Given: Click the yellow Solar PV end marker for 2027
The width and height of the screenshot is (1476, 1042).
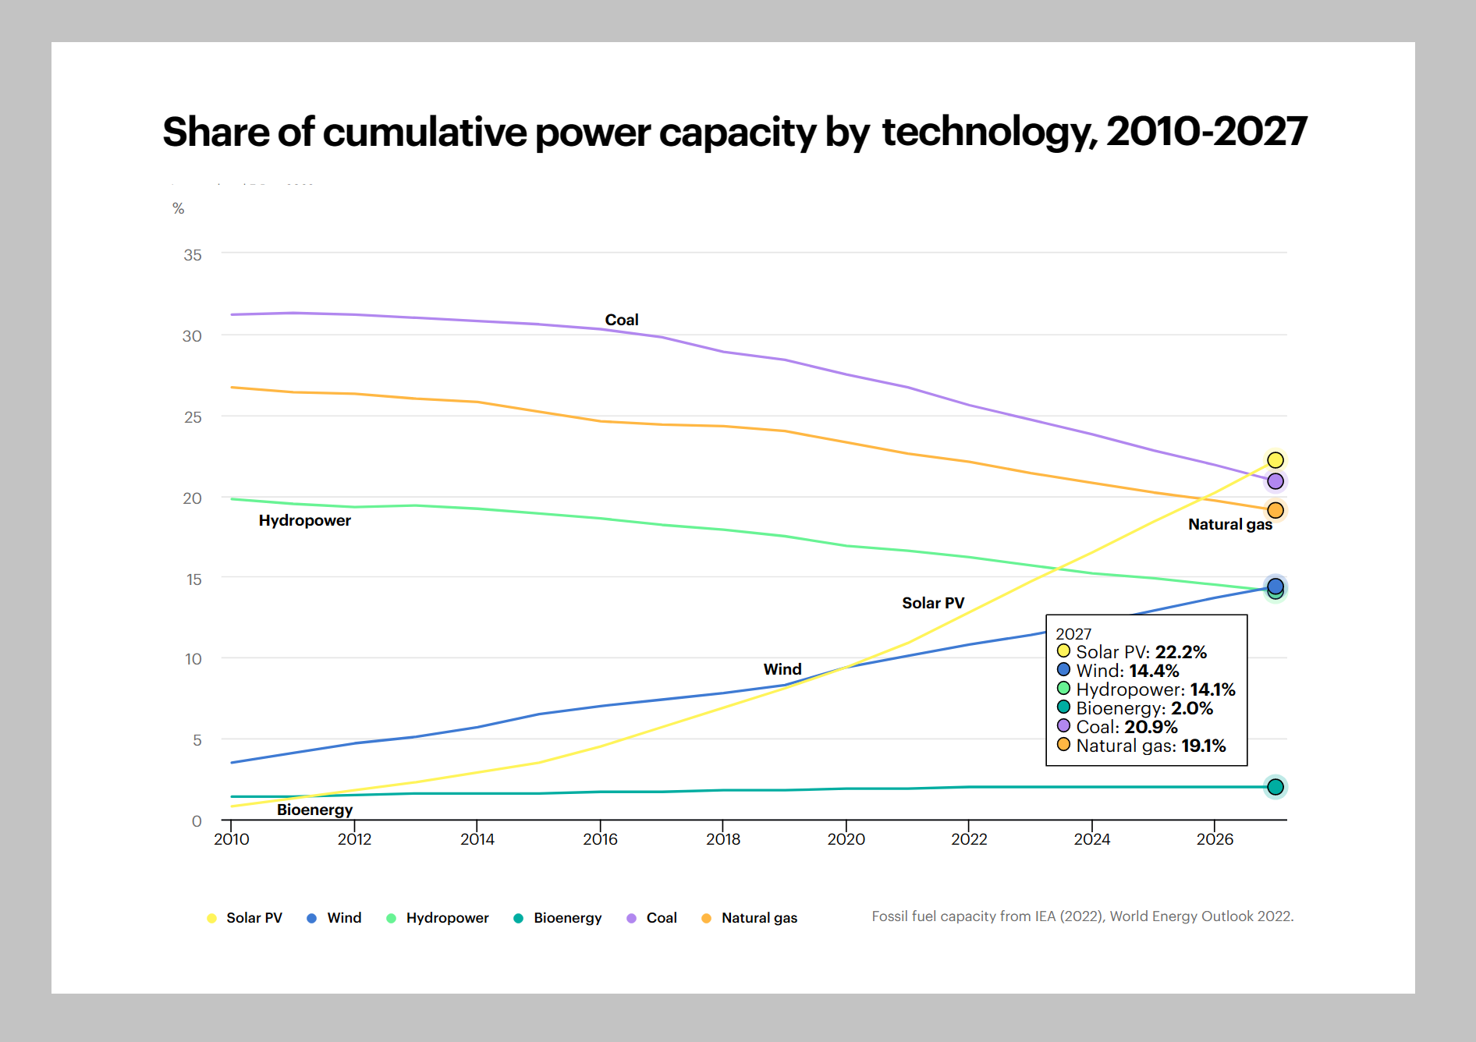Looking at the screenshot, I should tap(1276, 460).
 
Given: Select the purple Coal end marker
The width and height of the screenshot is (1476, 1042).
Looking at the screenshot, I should tap(1276, 481).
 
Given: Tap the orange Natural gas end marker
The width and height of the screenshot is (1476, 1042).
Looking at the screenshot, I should tap(1276, 510).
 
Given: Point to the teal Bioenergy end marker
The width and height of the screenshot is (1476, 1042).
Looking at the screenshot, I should tap(1276, 787).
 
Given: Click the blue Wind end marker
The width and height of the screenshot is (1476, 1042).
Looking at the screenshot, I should tap(1276, 586).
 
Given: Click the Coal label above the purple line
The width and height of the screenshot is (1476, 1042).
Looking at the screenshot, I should tap(622, 320).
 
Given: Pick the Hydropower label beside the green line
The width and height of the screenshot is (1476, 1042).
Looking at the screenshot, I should tap(304, 520).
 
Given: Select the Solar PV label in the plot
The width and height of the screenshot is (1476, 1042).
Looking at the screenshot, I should tap(933, 603).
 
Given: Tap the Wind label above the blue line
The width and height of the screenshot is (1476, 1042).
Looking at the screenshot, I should tap(782, 669).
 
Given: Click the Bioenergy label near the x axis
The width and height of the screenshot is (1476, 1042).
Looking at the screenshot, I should tap(314, 810).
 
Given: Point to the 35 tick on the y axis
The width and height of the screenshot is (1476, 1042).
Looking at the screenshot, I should tap(193, 255).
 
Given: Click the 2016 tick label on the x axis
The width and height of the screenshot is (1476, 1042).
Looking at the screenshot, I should tap(600, 839).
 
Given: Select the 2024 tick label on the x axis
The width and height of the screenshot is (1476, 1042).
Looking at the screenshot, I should tap(1091, 839).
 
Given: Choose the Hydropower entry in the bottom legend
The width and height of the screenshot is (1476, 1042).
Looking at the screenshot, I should tap(447, 918).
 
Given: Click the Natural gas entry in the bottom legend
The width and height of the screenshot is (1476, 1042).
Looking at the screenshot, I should tap(759, 918).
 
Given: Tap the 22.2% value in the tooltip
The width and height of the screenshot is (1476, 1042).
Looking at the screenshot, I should tap(1180, 652).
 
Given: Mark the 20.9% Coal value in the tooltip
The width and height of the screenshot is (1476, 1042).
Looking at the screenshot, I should tap(1151, 727).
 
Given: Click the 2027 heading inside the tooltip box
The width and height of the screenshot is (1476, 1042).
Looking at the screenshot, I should tap(1073, 634).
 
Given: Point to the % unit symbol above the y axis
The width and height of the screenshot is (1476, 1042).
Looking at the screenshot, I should tap(179, 208).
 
